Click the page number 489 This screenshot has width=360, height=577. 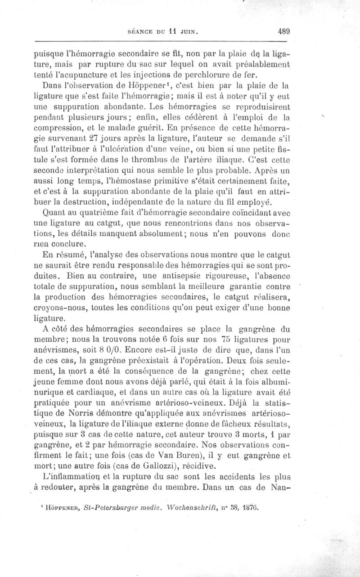click(x=284, y=31)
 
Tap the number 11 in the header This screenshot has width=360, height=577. click(x=166, y=32)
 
